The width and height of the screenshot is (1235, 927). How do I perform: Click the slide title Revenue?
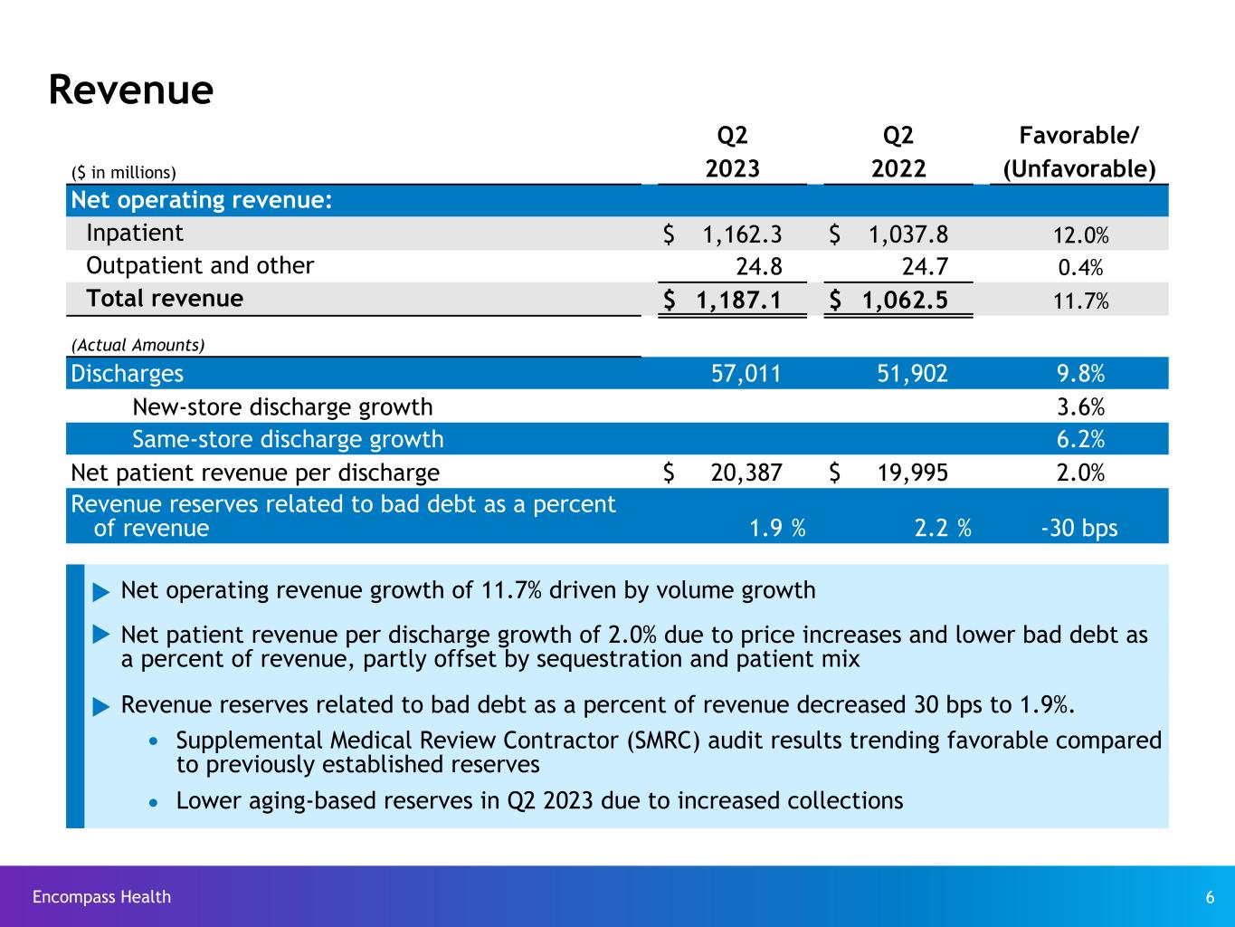[x=130, y=90]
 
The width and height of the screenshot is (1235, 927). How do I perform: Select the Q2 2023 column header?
[x=732, y=153]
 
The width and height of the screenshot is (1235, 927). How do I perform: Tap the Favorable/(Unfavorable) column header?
[x=1078, y=153]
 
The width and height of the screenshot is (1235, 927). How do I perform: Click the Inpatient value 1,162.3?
[x=742, y=234]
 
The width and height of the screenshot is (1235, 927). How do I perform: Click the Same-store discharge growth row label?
[x=288, y=439]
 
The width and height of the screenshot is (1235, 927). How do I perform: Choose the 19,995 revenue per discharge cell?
[x=912, y=473]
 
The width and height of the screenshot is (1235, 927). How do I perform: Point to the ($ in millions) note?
[x=123, y=172]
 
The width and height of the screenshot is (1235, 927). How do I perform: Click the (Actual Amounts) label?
[x=138, y=345]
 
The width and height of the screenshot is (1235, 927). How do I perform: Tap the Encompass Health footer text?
[x=101, y=897]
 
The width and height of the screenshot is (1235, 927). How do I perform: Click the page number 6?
[x=1210, y=897]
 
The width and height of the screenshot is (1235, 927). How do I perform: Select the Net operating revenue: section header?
[x=201, y=200]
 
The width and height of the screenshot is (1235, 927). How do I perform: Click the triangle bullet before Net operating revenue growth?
[x=100, y=592]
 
